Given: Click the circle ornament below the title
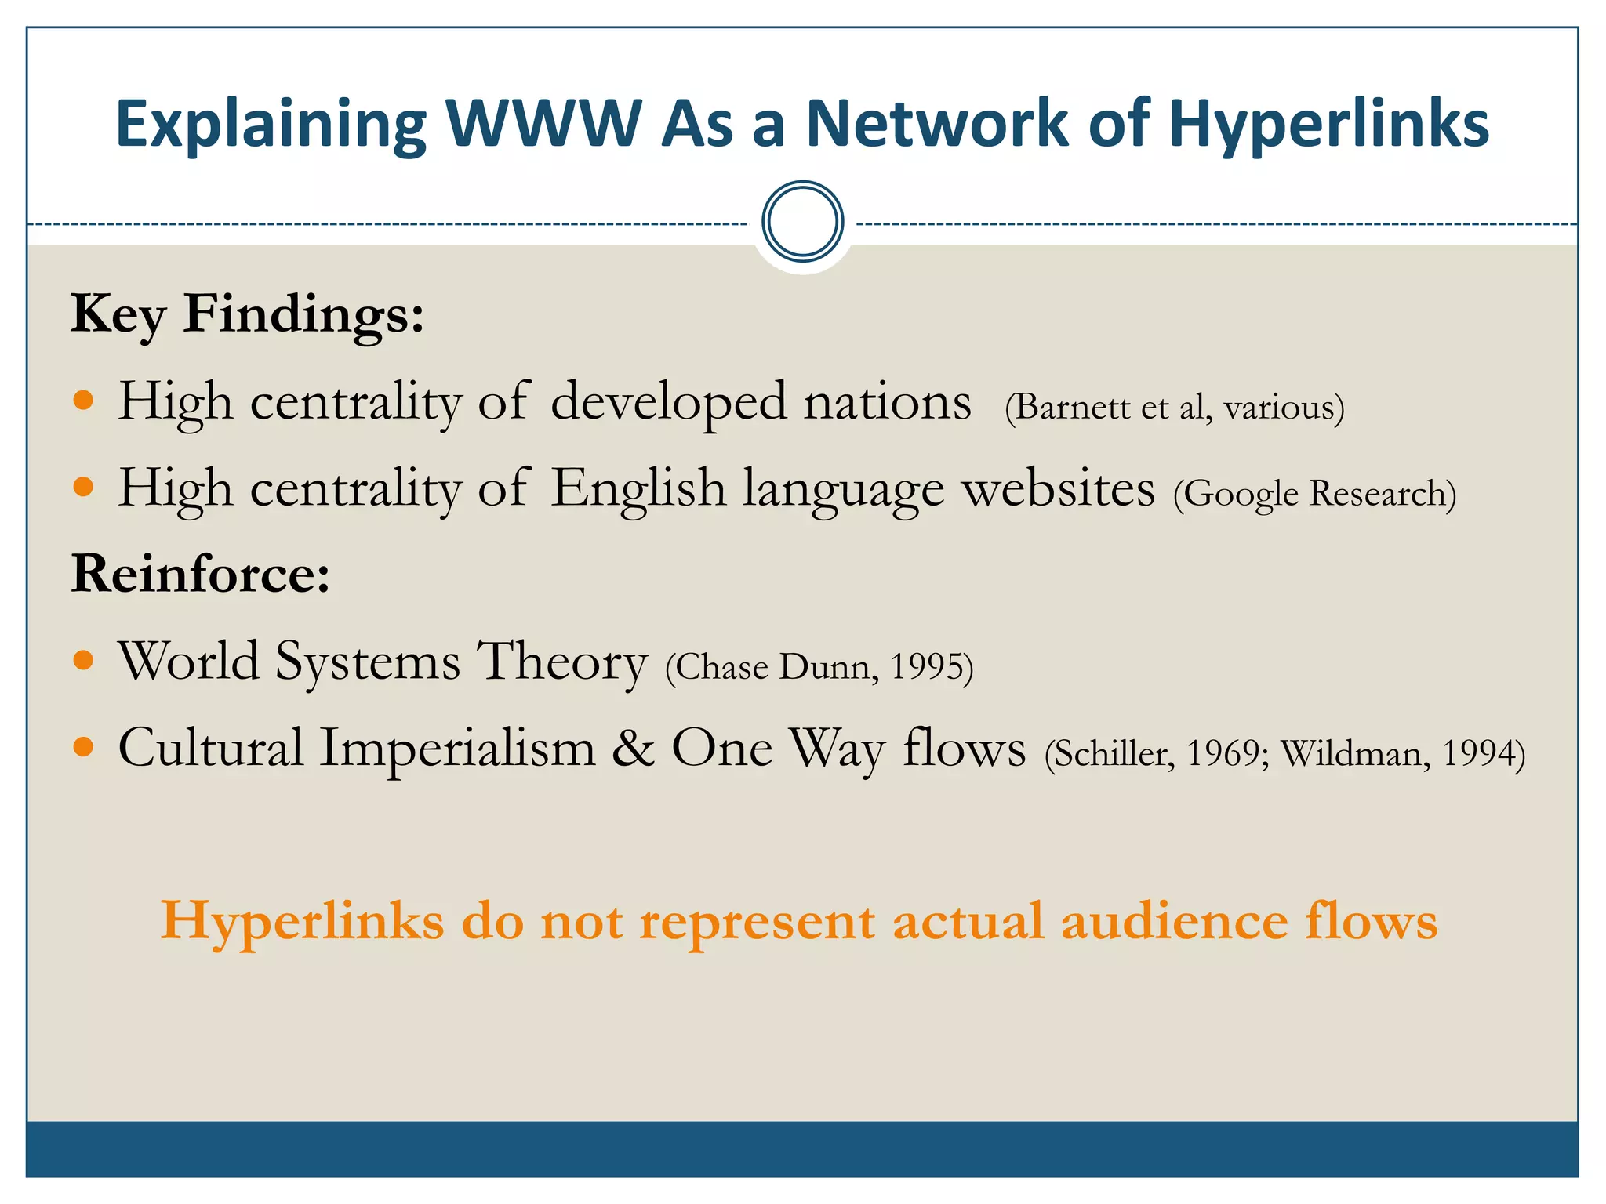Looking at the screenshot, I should coord(802,222).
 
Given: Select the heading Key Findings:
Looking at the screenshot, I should coord(248,314).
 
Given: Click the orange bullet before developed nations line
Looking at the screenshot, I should coord(83,401).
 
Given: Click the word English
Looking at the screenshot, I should coord(638,489).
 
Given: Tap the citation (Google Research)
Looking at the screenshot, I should coord(1314,494).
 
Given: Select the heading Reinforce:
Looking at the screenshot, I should coord(201,574).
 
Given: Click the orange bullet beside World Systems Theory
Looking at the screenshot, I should coord(83,660).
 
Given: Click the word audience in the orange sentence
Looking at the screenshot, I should coord(1174,920).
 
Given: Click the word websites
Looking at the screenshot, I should coord(1058,489).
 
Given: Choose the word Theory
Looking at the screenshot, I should coord(562,662).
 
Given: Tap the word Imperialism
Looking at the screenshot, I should coord(458,749).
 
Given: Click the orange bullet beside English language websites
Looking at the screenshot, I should coord(83,488).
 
